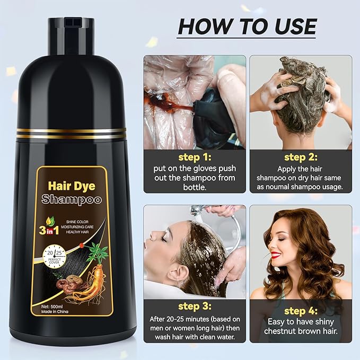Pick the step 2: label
(x=301, y=157)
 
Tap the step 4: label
(x=301, y=311)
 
